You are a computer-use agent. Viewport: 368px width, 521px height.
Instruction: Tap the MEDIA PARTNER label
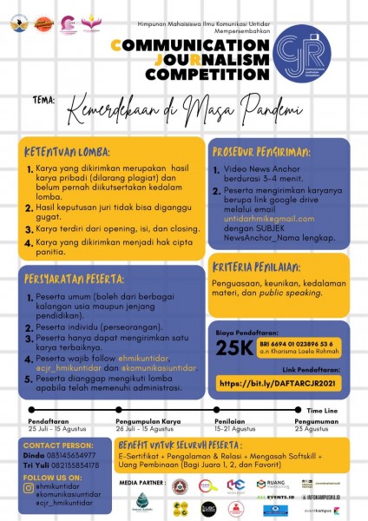(138, 481)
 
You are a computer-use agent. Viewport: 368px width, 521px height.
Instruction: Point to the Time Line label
(324, 409)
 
